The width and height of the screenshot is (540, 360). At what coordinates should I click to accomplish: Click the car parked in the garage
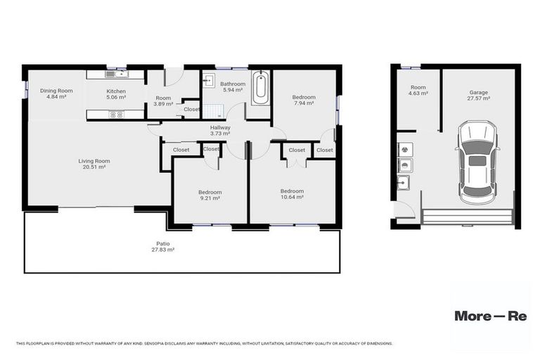coord(477,162)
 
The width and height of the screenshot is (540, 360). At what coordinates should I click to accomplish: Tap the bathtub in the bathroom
coord(260,88)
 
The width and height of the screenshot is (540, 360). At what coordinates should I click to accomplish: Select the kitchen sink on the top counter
coord(116,73)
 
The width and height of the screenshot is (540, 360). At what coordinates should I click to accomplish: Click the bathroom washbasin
coord(208,80)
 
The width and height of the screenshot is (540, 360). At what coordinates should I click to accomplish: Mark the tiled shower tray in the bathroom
coord(212,110)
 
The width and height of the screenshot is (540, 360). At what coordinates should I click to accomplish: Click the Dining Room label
coord(56,94)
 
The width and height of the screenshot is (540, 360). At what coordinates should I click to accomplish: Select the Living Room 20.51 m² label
coord(94,164)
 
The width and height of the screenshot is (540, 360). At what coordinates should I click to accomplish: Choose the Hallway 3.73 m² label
coord(221,129)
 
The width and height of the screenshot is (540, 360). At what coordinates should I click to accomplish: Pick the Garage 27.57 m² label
coord(480,95)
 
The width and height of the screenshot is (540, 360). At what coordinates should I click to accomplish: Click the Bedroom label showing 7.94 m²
coord(304,100)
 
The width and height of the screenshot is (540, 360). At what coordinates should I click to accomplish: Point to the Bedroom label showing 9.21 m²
coord(210,195)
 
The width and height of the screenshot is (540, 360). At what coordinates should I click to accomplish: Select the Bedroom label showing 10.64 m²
coord(292,193)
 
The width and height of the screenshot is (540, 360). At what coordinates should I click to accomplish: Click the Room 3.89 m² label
coord(163,101)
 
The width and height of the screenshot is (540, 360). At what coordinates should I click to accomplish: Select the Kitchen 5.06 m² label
coord(116,95)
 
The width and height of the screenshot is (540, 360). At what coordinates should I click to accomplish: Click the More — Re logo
coord(490,316)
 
